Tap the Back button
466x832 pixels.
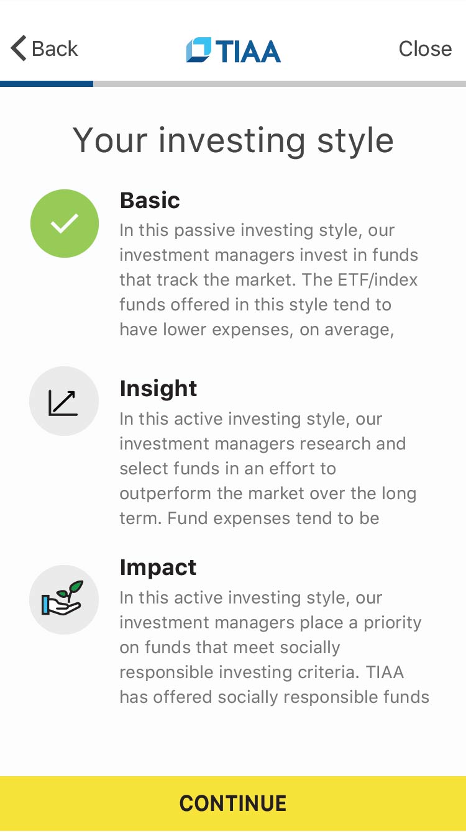[44, 48]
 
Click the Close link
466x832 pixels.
[425, 48]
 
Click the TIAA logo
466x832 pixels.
[234, 50]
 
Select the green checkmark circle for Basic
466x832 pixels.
[65, 224]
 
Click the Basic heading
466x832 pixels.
[150, 201]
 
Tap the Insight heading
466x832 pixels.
[158, 389]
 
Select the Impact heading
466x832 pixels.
[158, 568]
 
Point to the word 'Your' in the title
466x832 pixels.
[111, 140]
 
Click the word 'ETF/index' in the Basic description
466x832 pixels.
[378, 280]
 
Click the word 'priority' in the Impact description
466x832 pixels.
[393, 623]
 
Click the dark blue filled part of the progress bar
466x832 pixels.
[47, 84]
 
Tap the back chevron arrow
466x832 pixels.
[19, 48]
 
